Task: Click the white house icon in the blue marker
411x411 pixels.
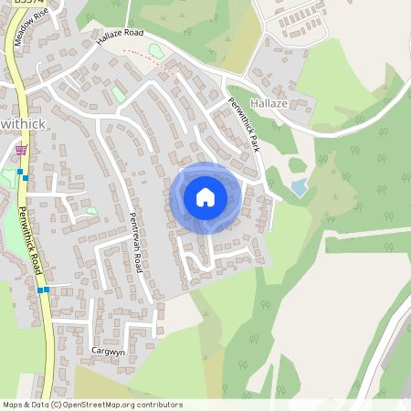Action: [x=205, y=196]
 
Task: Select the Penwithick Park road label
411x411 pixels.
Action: [x=244, y=123]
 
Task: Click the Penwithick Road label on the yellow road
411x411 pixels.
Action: [x=33, y=239]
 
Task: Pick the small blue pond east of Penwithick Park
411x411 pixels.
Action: [x=300, y=187]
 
